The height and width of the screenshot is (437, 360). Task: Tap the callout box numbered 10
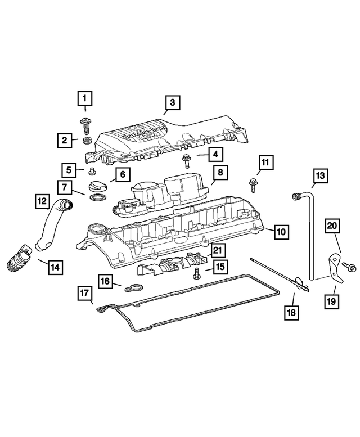(x=281, y=231)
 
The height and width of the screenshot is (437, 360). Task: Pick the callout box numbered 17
(x=84, y=292)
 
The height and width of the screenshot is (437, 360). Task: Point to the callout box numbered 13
(x=319, y=176)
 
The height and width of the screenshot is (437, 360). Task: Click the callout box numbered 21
(x=218, y=249)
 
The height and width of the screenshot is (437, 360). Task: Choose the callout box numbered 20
(x=332, y=226)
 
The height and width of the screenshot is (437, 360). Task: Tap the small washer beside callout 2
(x=87, y=139)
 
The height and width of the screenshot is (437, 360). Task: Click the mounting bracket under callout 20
(x=335, y=264)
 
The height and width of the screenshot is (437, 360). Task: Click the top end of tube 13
(x=294, y=196)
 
